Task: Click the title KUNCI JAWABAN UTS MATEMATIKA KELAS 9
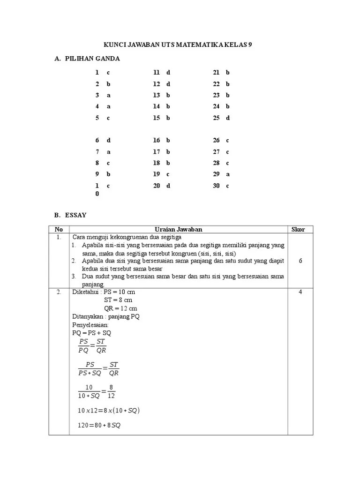coord(180,45)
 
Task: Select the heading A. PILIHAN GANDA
coord(87,59)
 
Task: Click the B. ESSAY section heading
coord(71,215)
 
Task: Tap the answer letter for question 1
coord(108,73)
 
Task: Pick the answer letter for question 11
coord(168,73)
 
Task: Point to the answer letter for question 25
coord(228,118)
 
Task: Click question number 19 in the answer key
coord(157,174)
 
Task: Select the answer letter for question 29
coord(228,174)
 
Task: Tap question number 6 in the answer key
coord(97,140)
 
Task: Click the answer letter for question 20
coord(168,185)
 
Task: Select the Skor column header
coord(298,229)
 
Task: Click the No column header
coord(59,229)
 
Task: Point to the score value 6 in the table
coord(300,261)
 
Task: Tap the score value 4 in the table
coord(300,292)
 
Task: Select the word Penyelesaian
coord(90,324)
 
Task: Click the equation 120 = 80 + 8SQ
coord(99,425)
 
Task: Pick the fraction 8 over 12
coord(111,391)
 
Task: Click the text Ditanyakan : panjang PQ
coord(106,316)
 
